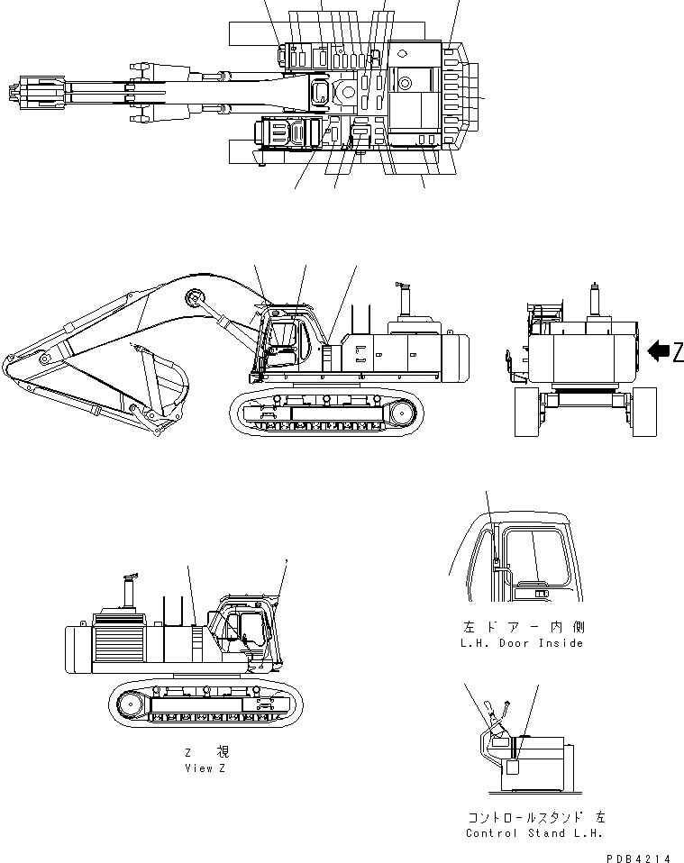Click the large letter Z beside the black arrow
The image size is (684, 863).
[x=678, y=353]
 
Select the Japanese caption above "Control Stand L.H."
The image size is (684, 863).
[x=535, y=817]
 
